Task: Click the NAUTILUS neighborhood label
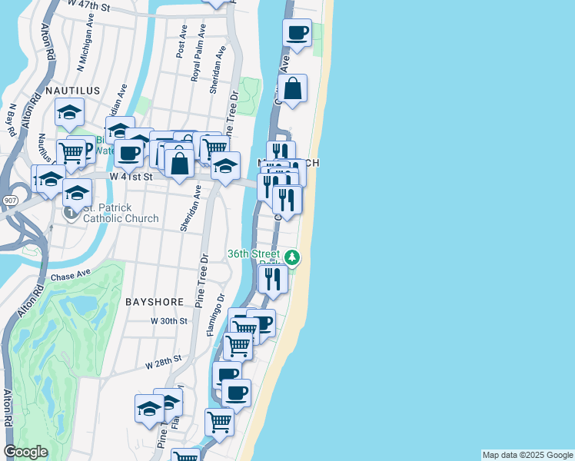click(73, 91)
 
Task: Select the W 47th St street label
click(89, 5)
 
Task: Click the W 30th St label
click(169, 321)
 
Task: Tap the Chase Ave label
click(71, 276)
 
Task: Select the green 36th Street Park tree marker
click(292, 256)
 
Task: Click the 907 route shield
click(9, 201)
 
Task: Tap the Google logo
click(25, 452)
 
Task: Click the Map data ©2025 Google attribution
click(527, 455)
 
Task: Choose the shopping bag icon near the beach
click(293, 89)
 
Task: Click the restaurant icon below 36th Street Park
click(273, 279)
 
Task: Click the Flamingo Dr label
click(214, 315)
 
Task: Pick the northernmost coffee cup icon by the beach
click(297, 33)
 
